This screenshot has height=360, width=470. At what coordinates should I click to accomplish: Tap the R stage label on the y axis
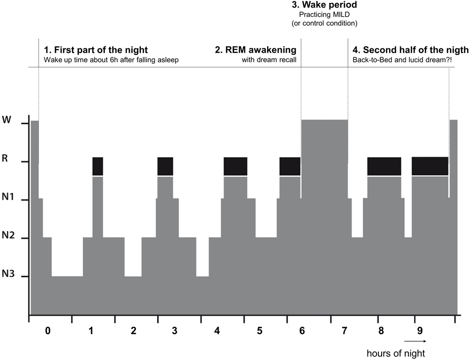tap(6, 158)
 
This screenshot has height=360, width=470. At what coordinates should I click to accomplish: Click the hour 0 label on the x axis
tap(47, 331)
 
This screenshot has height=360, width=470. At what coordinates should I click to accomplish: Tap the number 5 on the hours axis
tap(259, 331)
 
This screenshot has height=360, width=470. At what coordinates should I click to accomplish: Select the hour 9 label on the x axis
tap(415, 331)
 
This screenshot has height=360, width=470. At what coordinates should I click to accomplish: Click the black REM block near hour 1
tap(98, 166)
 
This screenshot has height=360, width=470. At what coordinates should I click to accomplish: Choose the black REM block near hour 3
tap(165, 166)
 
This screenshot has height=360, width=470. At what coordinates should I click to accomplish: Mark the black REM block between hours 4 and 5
tap(235, 166)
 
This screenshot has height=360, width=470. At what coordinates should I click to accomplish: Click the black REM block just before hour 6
tap(290, 166)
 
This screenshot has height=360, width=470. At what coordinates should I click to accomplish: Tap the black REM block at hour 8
tap(384, 166)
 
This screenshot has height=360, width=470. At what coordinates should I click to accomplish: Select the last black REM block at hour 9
tap(430, 166)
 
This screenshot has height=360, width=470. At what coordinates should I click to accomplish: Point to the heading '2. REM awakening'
tap(255, 50)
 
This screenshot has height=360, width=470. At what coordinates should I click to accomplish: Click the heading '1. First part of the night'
tap(96, 50)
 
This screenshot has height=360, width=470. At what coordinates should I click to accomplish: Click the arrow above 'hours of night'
tap(415, 341)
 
